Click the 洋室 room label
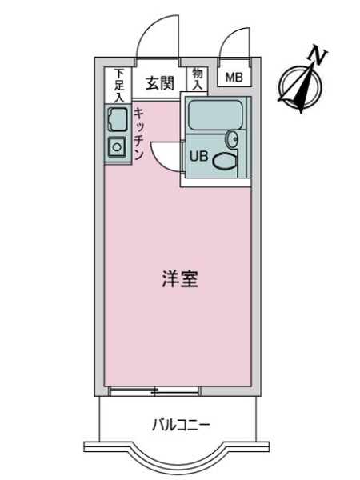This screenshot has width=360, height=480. pyautogui.click(x=179, y=280)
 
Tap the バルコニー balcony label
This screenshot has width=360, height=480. pyautogui.click(x=180, y=424)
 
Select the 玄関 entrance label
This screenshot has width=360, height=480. pyautogui.click(x=160, y=82)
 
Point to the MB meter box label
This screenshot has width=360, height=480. pyautogui.click(x=233, y=78)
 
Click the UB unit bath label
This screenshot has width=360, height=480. pyautogui.click(x=198, y=157)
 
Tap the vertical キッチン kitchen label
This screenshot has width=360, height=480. pyautogui.click(x=138, y=134)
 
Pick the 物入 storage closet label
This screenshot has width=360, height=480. pyautogui.click(x=198, y=78)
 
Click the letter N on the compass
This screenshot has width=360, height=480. pyautogui.click(x=318, y=56)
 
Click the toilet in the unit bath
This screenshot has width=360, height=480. pyautogui.click(x=223, y=162)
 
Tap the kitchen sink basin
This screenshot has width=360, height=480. pyautogui.click(x=117, y=121)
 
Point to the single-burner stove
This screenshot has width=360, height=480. pyautogui.click(x=117, y=147)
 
